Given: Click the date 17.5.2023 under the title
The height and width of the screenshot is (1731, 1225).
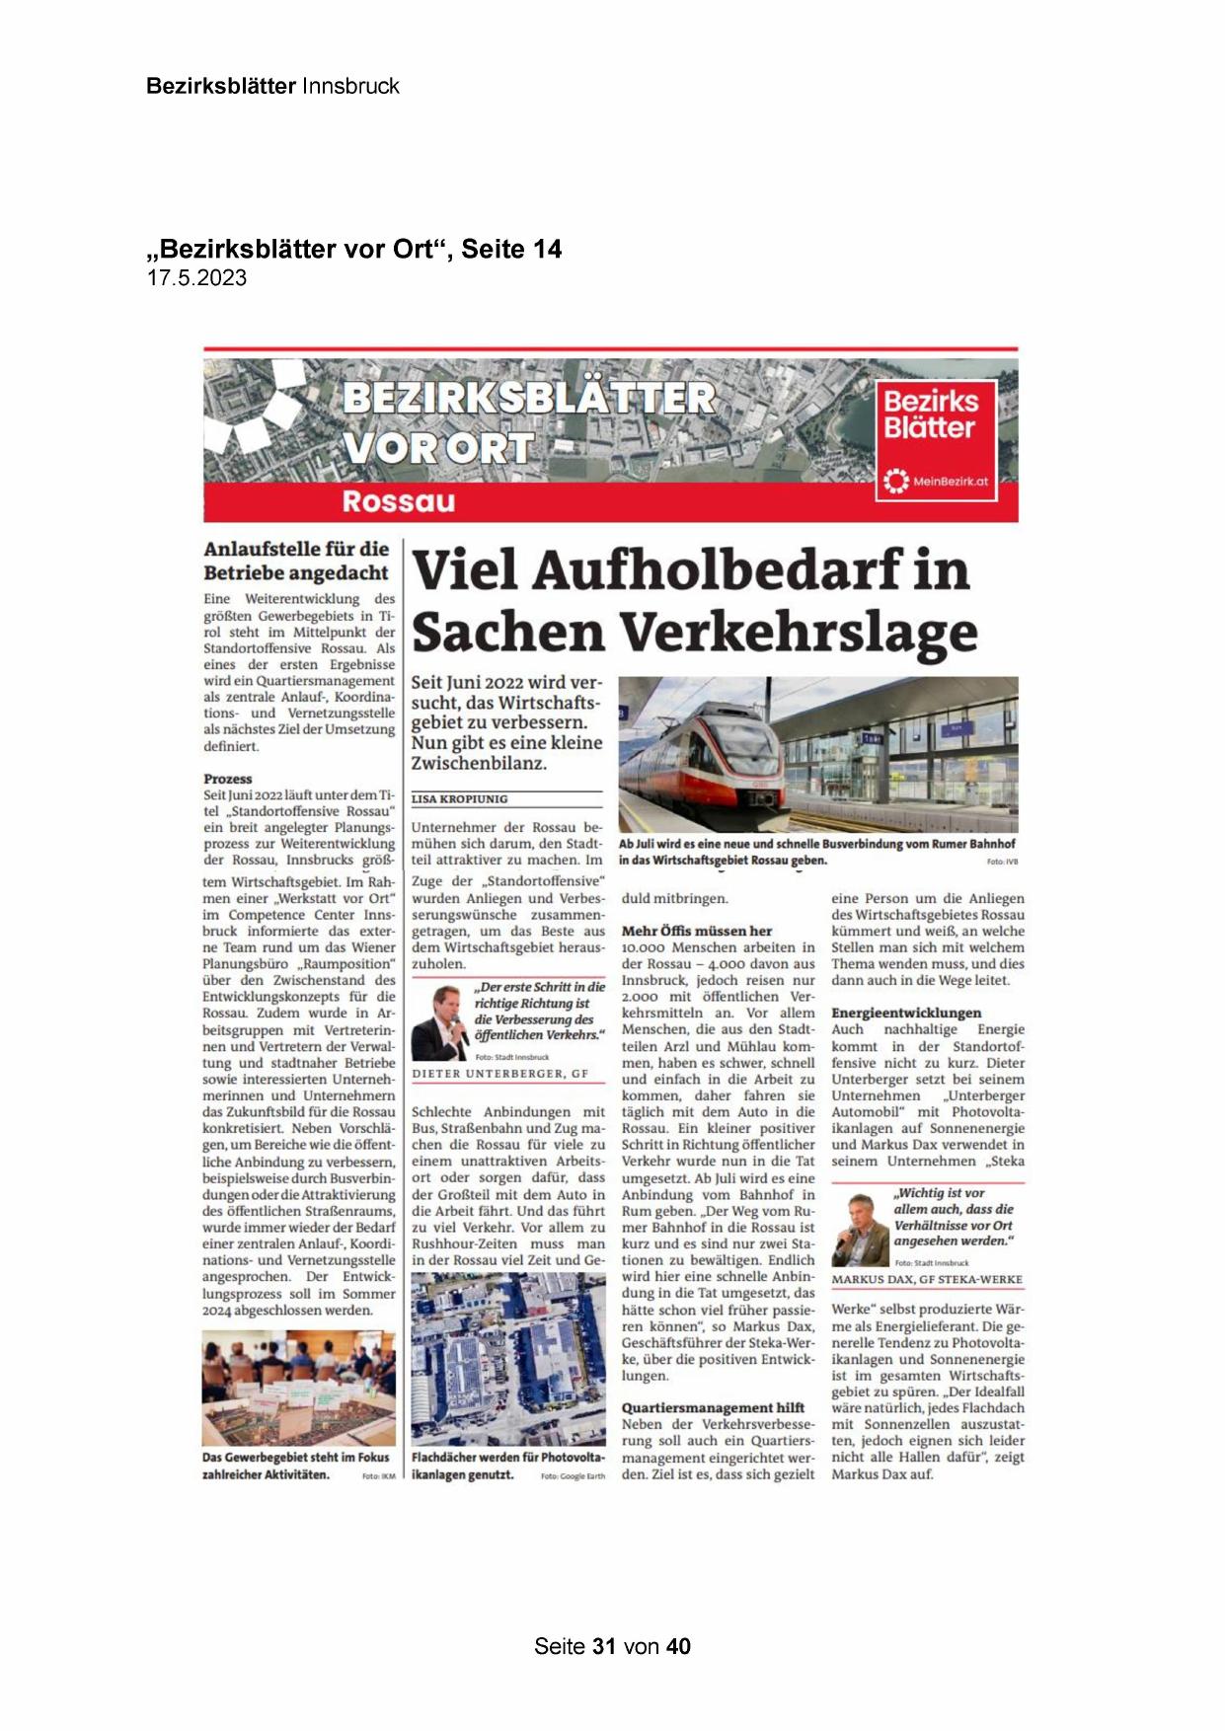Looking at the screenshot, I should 196,278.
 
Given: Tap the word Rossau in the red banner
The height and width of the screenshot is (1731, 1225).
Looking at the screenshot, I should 398,501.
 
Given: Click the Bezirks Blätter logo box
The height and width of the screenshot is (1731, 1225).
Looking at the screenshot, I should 935,439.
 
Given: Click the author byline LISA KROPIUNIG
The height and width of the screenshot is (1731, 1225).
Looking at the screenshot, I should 459,799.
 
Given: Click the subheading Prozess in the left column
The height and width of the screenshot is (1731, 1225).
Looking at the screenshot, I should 228,779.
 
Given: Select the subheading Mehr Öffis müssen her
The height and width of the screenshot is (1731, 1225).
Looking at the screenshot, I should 697,931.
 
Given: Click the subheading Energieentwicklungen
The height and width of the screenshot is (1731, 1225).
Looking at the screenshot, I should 906,1013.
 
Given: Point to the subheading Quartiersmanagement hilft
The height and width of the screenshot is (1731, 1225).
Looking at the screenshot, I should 713,1407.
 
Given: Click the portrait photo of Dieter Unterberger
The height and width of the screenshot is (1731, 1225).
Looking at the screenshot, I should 439,1023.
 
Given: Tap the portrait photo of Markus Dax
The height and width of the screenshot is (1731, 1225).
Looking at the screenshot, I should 860,1230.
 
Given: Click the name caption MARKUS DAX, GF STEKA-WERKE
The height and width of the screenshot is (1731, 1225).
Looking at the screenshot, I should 927,1280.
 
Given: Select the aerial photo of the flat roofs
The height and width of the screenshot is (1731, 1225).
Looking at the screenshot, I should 508,1359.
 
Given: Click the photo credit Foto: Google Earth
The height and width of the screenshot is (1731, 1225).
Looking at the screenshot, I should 573,1476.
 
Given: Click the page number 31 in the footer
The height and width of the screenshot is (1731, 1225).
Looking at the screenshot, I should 604,1646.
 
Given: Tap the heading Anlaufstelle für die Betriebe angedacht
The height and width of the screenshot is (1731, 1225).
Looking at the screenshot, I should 296,561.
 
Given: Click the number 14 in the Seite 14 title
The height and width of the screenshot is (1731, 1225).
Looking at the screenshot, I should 547,250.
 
